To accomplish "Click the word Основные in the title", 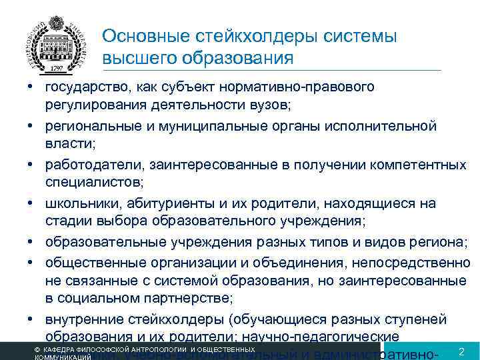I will coord(141,35).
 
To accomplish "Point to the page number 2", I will coord(461,351).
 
